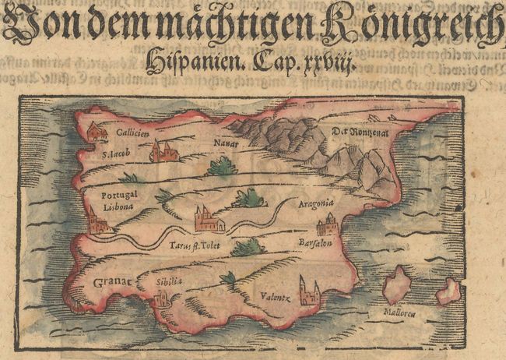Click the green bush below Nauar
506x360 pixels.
tap(223, 166)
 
